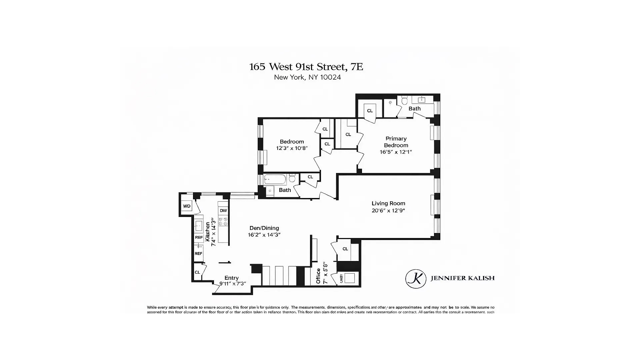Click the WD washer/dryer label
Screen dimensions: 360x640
[187, 206]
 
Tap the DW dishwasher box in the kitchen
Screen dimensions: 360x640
[223, 211]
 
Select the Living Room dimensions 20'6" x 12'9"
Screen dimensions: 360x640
[388, 211]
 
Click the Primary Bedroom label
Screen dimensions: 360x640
[396, 142]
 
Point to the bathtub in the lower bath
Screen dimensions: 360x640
[275, 180]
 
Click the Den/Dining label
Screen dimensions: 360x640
[264, 228]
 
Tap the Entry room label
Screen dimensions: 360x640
[231, 278]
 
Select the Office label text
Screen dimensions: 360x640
[318, 276]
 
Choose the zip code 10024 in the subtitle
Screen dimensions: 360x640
[330, 77]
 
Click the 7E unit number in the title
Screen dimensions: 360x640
[356, 67]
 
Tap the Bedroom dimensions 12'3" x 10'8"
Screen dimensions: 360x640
[292, 148]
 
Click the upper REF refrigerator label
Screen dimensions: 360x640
[199, 237]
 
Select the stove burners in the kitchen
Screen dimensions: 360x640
[223, 222]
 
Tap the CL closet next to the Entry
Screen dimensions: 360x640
[197, 272]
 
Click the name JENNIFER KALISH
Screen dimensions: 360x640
[462, 278]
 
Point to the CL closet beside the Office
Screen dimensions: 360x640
[345, 249]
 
